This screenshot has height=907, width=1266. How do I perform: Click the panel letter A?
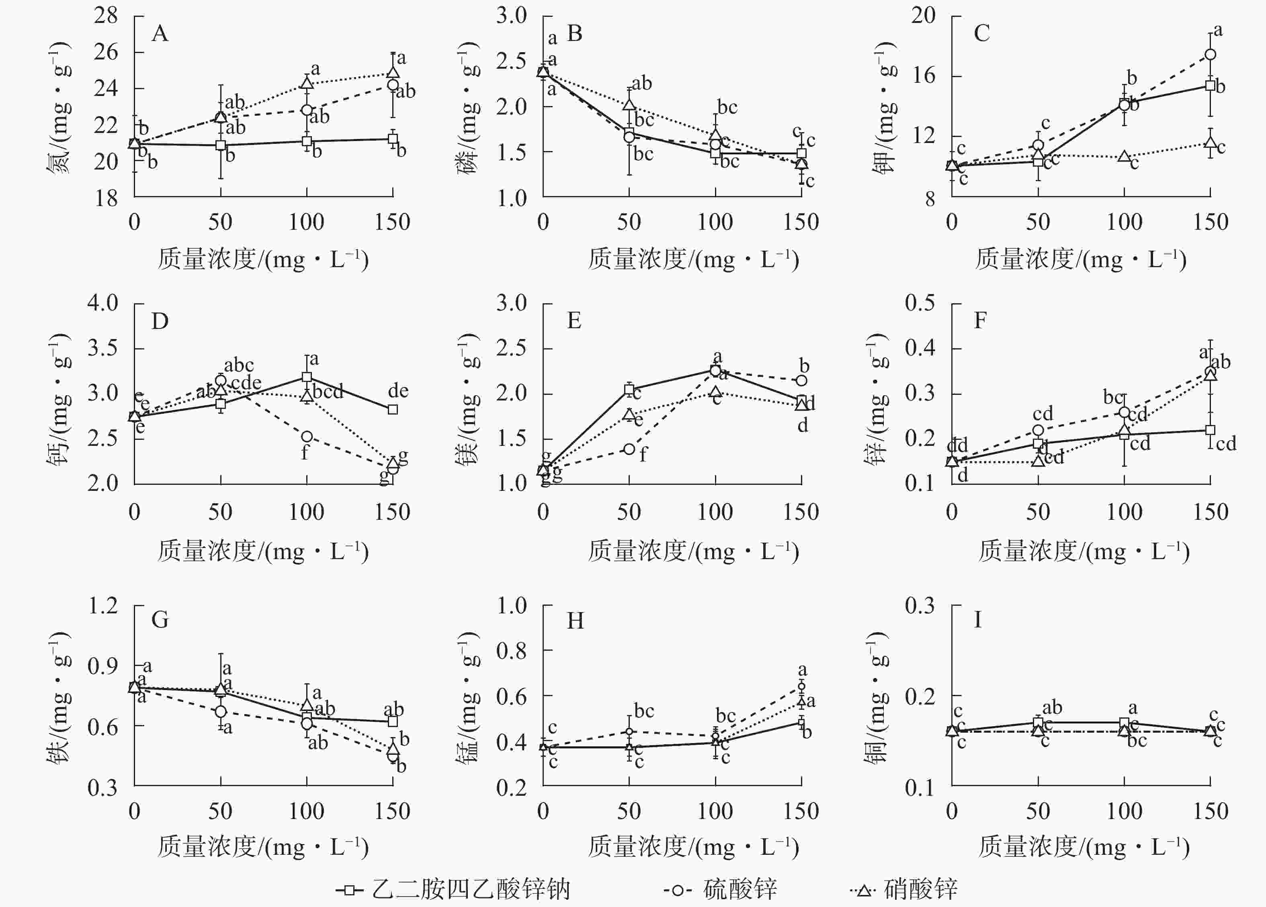pyautogui.click(x=160, y=34)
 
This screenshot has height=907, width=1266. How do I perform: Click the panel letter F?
pyautogui.click(x=980, y=321)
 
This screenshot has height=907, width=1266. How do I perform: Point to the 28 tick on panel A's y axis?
pyautogui.click(x=106, y=16)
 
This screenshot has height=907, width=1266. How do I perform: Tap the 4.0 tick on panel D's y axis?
pyautogui.click(x=103, y=303)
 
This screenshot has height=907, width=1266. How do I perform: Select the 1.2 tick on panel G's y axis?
pyautogui.click(x=103, y=606)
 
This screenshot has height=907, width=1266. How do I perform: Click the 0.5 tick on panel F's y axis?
pyautogui.click(x=920, y=303)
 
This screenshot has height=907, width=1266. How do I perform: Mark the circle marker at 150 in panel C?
pyautogui.click(x=1210, y=55)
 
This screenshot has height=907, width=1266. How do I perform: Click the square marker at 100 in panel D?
pyautogui.click(x=306, y=377)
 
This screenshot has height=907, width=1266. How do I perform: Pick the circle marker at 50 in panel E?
pyautogui.click(x=629, y=449)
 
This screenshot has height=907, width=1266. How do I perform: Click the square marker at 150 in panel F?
pyautogui.click(x=1210, y=430)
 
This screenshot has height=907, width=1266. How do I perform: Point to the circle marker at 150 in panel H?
pyautogui.click(x=801, y=686)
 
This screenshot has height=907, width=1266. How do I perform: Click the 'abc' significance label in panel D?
pyautogui.click(x=239, y=366)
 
